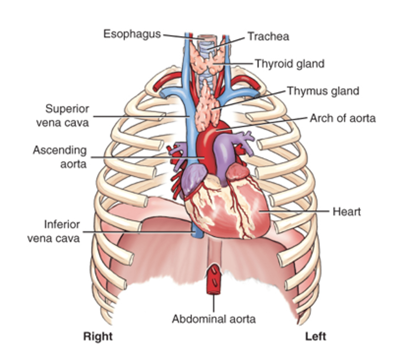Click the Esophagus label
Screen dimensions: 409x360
tap(132, 34)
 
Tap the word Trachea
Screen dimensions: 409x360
tap(268, 37)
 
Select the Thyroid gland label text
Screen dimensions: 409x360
tap(290, 64)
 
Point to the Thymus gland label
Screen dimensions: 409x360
tap(323, 91)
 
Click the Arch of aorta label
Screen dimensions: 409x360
tap(343, 118)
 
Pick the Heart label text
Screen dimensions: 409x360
tap(346, 212)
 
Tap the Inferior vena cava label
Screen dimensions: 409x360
tap(54, 232)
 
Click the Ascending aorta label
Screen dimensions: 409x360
tap(60, 157)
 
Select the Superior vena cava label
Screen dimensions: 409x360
tap(63, 116)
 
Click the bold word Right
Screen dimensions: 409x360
tap(98, 337)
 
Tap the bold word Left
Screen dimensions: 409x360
tap(316, 337)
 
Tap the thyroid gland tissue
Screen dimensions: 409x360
tap(206, 61)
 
